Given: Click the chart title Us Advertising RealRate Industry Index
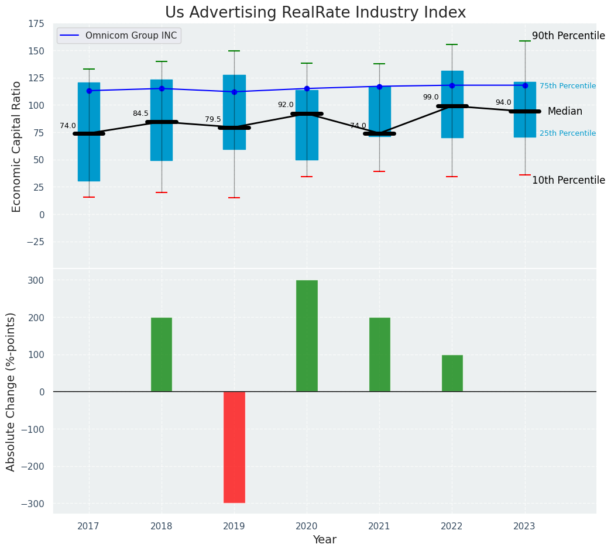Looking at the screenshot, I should click(315, 13).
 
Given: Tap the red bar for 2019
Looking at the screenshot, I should click(234, 447).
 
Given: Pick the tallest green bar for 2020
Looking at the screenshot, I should click(307, 336).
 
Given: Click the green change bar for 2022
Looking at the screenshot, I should click(452, 373).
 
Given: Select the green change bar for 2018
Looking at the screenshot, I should click(162, 354).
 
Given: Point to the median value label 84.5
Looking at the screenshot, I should click(140, 113).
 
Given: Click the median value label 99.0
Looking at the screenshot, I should click(431, 97).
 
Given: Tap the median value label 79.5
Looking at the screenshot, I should click(213, 119).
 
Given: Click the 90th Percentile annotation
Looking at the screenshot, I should click(568, 36).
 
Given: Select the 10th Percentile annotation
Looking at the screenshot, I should click(568, 180).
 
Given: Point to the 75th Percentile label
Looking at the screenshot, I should click(568, 86).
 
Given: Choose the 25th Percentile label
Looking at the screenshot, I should click(568, 133).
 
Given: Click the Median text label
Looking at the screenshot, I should click(565, 111).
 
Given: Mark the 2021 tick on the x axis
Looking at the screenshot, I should click(379, 526).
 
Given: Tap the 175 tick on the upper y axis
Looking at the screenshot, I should click(36, 23).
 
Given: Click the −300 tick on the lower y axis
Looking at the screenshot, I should click(33, 504).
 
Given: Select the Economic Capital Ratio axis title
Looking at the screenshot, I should click(17, 146).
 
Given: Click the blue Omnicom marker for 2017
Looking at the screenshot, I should click(89, 91).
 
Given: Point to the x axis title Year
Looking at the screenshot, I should click(324, 540).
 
